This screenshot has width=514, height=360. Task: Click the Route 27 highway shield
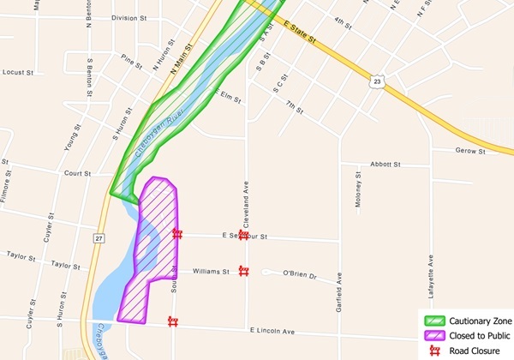click(100, 237)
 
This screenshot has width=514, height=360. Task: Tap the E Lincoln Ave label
click(272, 331)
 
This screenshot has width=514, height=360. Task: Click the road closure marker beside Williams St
click(243, 271)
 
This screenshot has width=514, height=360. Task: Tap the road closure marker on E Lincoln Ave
click(173, 322)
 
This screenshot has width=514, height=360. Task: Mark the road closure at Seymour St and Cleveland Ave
click(243, 234)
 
